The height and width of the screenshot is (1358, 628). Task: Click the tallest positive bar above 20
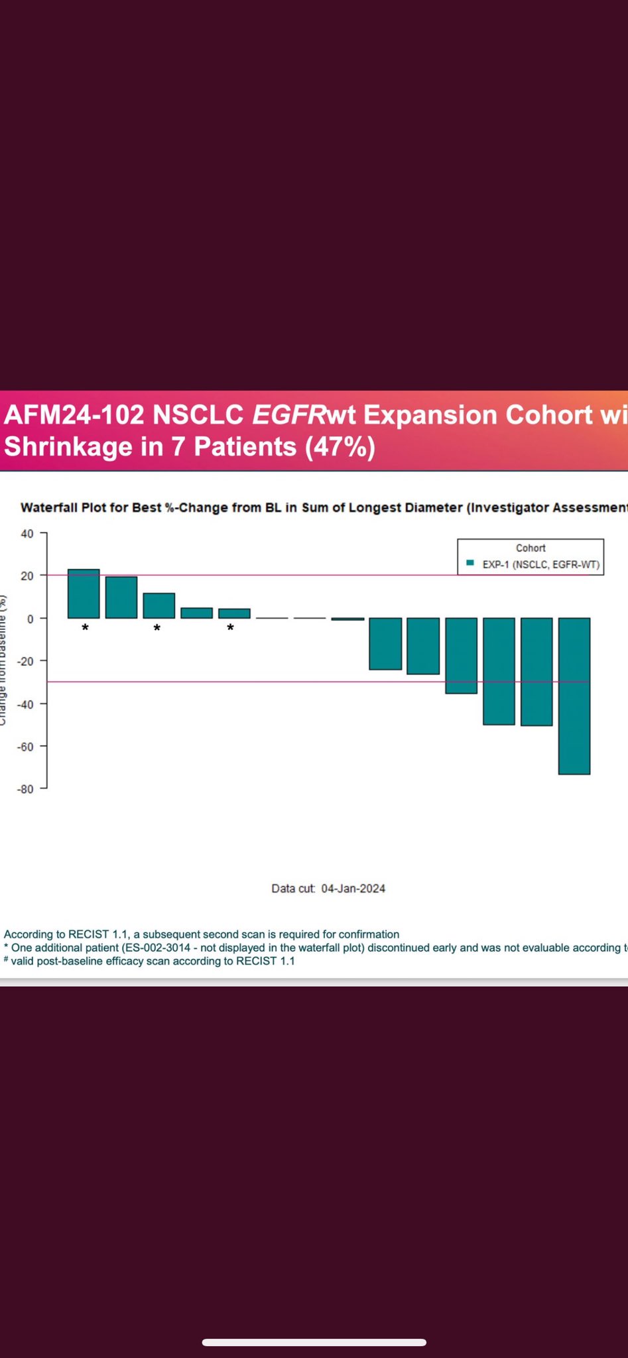coord(84,593)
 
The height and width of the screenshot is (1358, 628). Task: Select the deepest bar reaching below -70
coord(574,696)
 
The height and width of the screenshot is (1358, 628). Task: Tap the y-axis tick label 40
coord(27,533)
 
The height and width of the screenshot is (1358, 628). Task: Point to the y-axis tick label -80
coord(25,789)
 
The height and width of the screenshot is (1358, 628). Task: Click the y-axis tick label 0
coord(29,619)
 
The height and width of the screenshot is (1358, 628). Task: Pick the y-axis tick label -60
coord(25,747)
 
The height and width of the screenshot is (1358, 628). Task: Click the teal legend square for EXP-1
coord(470,563)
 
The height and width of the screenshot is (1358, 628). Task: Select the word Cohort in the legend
coord(531,548)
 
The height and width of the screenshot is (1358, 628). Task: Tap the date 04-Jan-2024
coord(353,889)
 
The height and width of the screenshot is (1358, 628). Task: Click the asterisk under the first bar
coord(85,628)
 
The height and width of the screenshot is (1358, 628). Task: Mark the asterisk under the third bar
coord(157,628)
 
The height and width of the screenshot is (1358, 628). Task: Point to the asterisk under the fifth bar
coord(230,628)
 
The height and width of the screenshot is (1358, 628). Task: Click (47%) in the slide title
coord(340,446)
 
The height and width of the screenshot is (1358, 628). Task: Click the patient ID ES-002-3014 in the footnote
coord(157,948)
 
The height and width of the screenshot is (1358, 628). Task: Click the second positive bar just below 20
coord(121,597)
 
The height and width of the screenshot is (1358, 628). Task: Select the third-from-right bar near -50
coord(499,671)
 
